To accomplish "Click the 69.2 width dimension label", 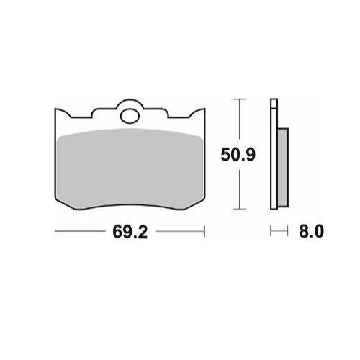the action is [130, 232].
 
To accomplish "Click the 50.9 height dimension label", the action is [238, 155].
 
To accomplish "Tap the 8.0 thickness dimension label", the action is [312, 232].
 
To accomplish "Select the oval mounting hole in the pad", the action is [130, 116].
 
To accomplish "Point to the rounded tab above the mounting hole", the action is [130, 103].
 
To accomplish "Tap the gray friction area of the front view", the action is [130, 168].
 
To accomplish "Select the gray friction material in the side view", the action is [283, 167].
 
